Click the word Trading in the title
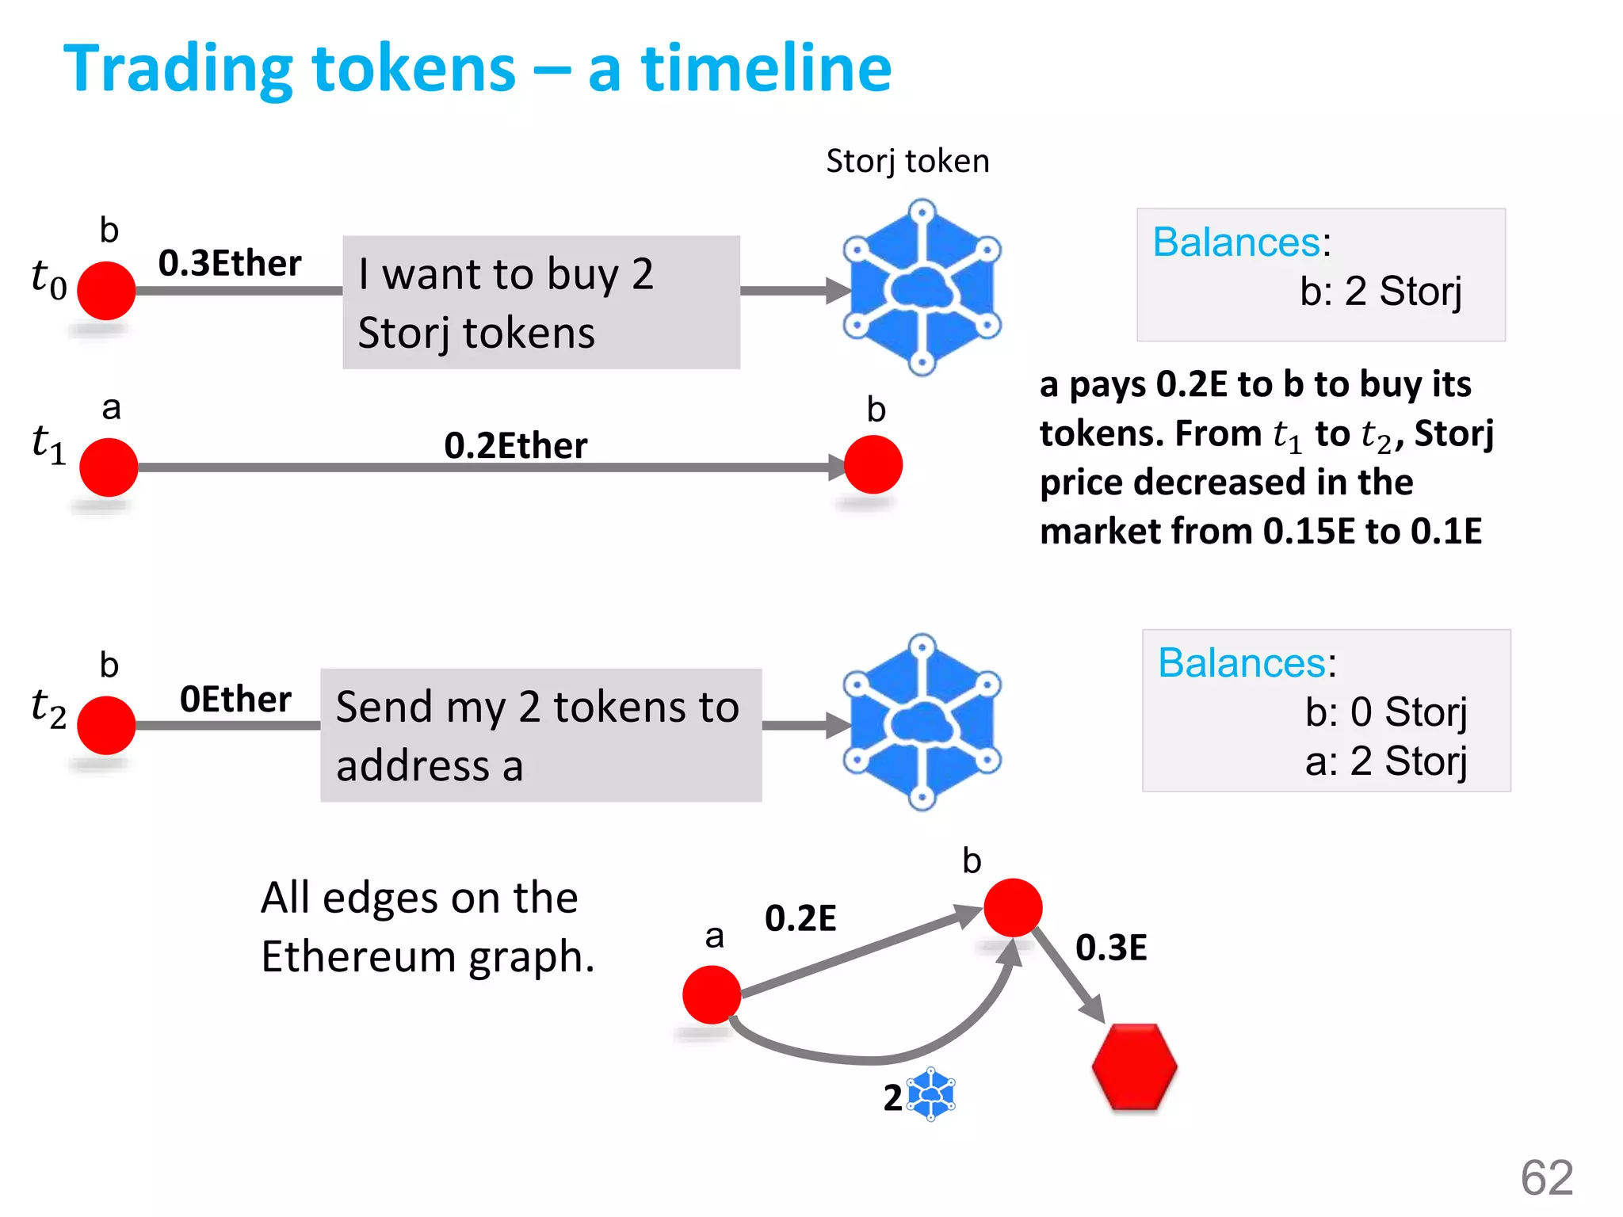click(x=179, y=70)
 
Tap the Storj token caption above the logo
click(x=907, y=161)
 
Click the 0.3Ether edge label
click(x=230, y=263)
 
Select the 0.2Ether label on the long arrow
click(x=515, y=445)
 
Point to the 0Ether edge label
click(x=235, y=699)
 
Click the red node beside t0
click(x=106, y=291)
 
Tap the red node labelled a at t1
click(x=109, y=467)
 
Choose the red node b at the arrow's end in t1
click(x=873, y=465)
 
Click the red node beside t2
click(x=106, y=725)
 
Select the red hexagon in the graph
click(x=1134, y=1066)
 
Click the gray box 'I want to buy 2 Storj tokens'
click(x=541, y=302)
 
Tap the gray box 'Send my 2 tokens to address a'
click(x=541, y=735)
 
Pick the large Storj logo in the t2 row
click(x=922, y=723)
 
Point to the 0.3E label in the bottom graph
click(x=1111, y=948)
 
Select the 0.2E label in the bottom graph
click(x=800, y=918)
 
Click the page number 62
click(x=1546, y=1177)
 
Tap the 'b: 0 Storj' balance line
click(x=1385, y=712)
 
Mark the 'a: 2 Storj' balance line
click(x=1385, y=761)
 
